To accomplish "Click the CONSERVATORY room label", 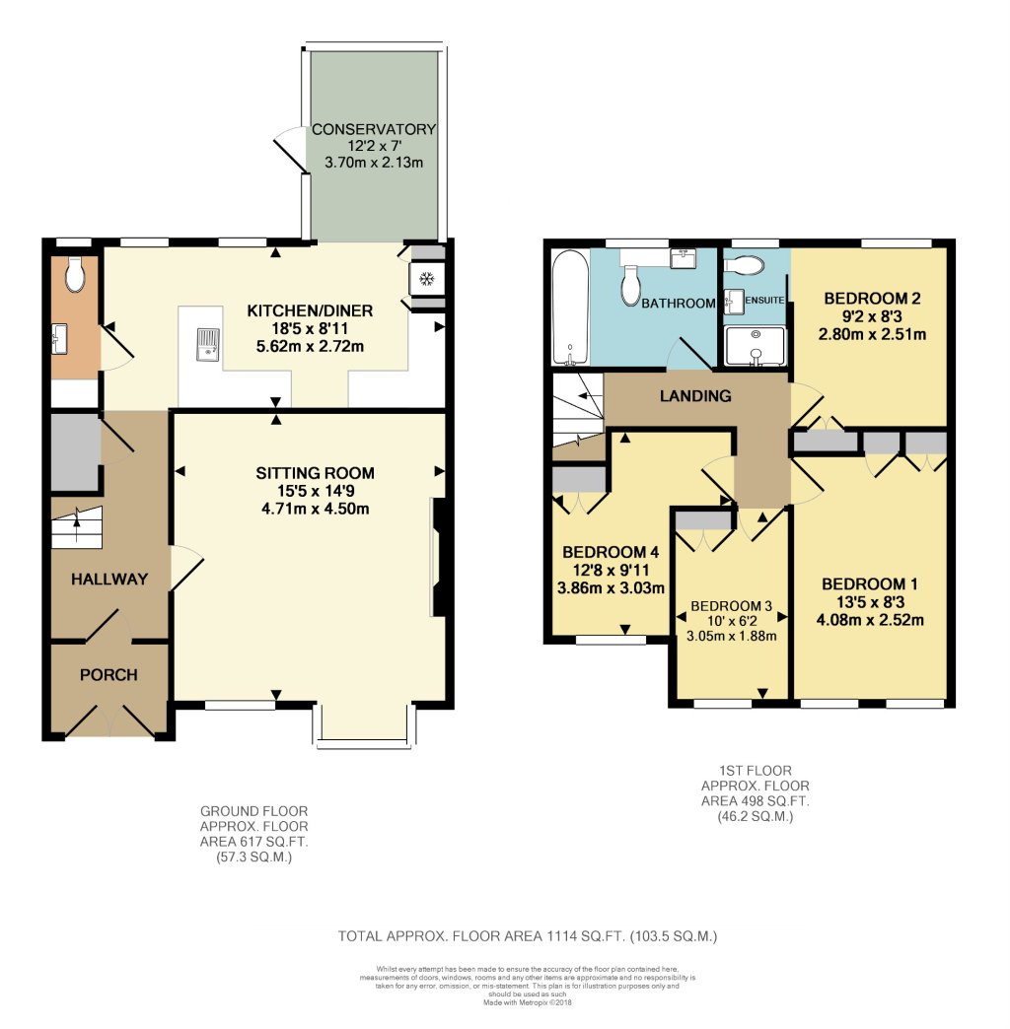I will pos(374,129).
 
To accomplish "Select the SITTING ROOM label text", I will pos(310,473).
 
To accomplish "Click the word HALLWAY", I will pos(108,580).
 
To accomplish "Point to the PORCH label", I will pos(108,675).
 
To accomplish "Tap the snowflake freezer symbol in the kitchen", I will pos(427,279).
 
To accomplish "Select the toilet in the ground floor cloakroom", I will pos(75,274).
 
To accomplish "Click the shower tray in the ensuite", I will pos(756,346).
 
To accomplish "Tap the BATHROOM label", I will pos(678,304).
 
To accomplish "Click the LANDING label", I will pos(696,396).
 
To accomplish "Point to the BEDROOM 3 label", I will pos(731,605).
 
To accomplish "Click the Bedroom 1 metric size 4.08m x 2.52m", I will pos(869,620).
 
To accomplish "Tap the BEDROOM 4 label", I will pos(609,552).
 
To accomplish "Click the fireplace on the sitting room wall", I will pos(441,557).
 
